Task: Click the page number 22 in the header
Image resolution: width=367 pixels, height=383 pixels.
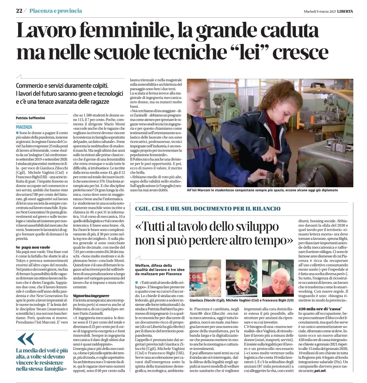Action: (19, 11)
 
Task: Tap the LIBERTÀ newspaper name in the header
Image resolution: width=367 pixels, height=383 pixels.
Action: (345, 11)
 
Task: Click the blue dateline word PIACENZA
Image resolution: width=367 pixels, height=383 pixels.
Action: (24, 127)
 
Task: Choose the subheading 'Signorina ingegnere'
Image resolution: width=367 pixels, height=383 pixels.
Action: (91, 295)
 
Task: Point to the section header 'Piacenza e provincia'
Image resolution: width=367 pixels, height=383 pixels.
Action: (56, 11)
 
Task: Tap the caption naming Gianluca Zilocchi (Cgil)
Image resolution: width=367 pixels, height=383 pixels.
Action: (207, 300)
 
